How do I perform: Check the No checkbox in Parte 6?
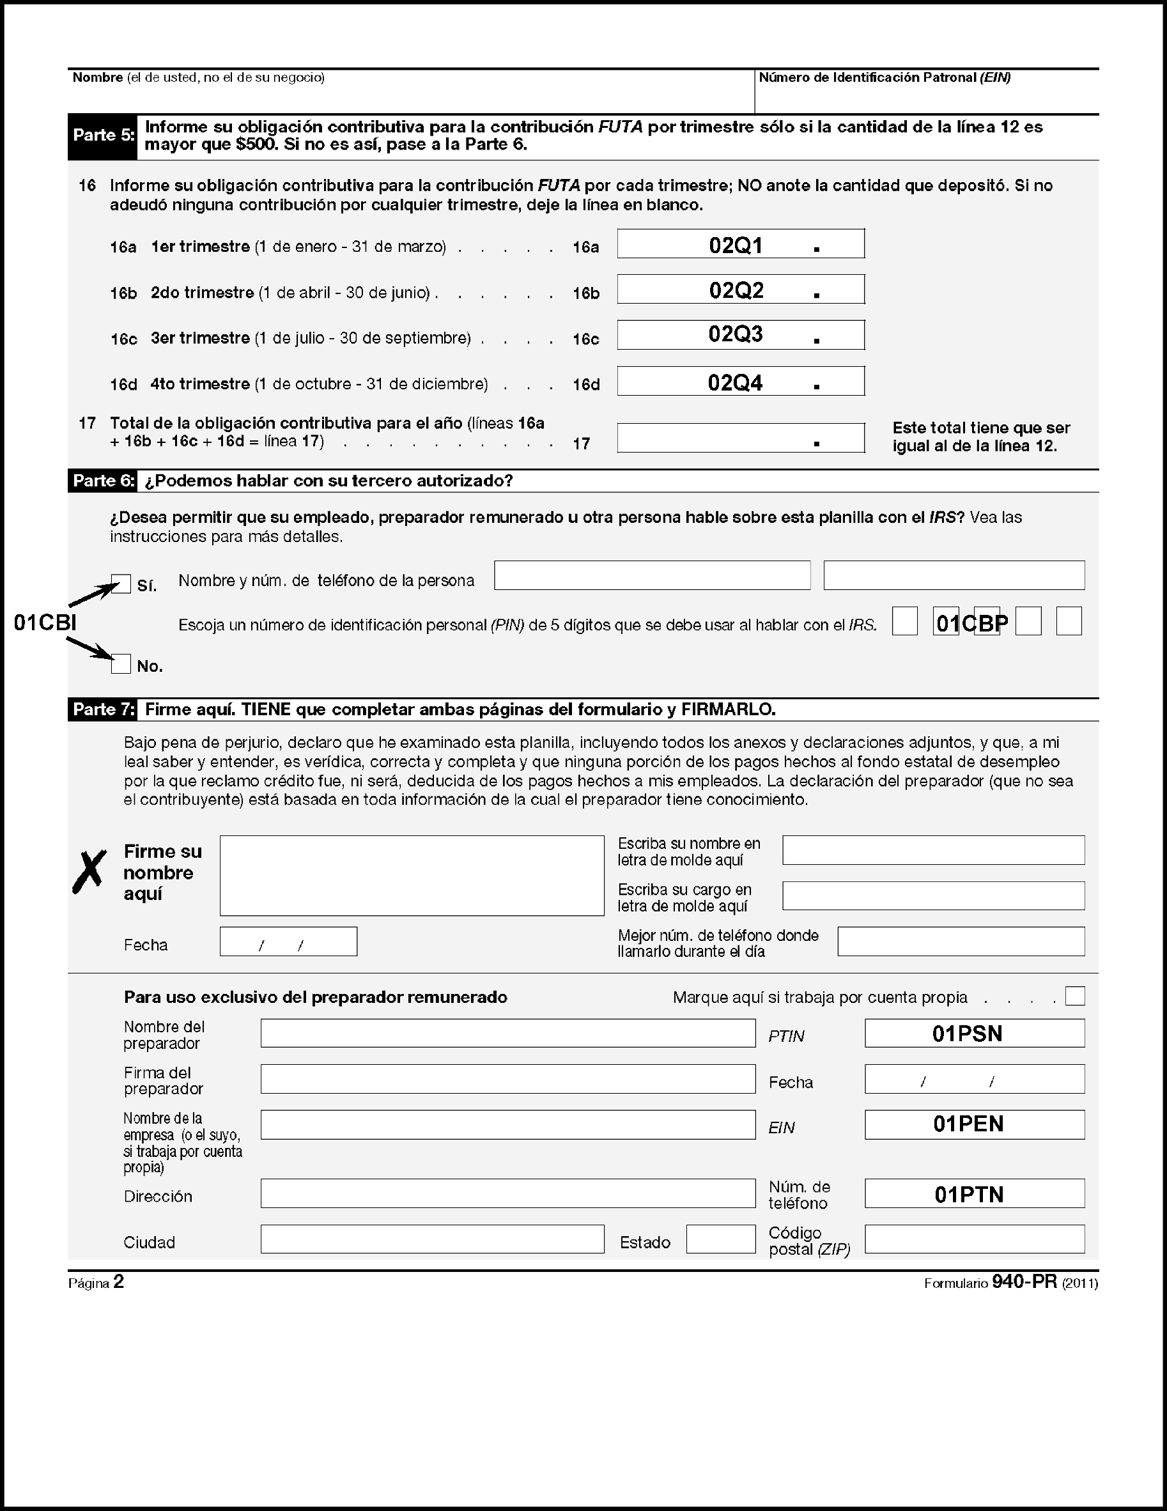(x=121, y=664)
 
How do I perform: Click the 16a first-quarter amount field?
(x=740, y=244)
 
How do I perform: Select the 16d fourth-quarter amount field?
(x=740, y=381)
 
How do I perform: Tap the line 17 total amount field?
(x=740, y=438)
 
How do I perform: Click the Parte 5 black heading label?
(x=103, y=136)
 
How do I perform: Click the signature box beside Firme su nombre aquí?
(x=412, y=875)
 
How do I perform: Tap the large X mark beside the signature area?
(x=90, y=872)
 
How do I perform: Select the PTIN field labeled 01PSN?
(x=974, y=1033)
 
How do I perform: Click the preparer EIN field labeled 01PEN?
(x=974, y=1124)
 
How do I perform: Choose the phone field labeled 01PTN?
(x=974, y=1193)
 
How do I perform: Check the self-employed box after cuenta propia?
(x=1075, y=996)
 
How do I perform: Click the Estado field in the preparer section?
(x=720, y=1239)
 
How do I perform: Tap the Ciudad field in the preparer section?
(x=431, y=1239)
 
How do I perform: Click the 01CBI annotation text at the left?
(x=45, y=623)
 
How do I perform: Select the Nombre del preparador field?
(x=507, y=1033)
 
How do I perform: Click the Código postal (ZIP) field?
(x=974, y=1239)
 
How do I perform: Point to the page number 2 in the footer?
(x=118, y=1282)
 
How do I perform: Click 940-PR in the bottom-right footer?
(x=1024, y=1282)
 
